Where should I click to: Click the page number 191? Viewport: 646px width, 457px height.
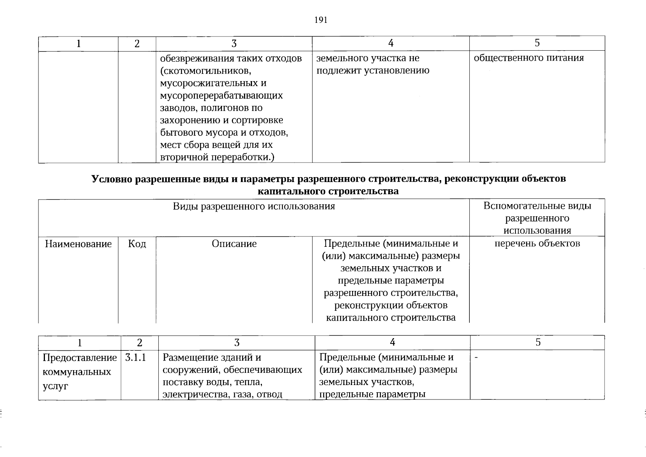[x=321, y=20]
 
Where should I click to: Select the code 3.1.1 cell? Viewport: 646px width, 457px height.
[x=136, y=358]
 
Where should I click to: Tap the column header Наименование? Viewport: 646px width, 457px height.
[x=78, y=244]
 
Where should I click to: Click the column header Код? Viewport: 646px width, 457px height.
[x=137, y=244]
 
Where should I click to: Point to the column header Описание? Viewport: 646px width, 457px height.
[x=234, y=244]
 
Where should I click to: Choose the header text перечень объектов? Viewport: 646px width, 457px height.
[x=537, y=244]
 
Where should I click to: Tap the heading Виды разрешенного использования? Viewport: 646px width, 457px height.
[x=254, y=206]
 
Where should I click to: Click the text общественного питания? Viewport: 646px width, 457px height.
[x=529, y=58]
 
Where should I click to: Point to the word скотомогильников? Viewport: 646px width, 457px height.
[x=206, y=71]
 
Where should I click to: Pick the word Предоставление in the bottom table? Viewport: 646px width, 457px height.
[x=80, y=358]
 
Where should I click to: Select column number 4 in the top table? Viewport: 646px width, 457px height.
[x=391, y=43]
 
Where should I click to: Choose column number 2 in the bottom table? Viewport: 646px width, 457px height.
[x=140, y=343]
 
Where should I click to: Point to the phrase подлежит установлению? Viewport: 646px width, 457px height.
[x=373, y=70]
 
